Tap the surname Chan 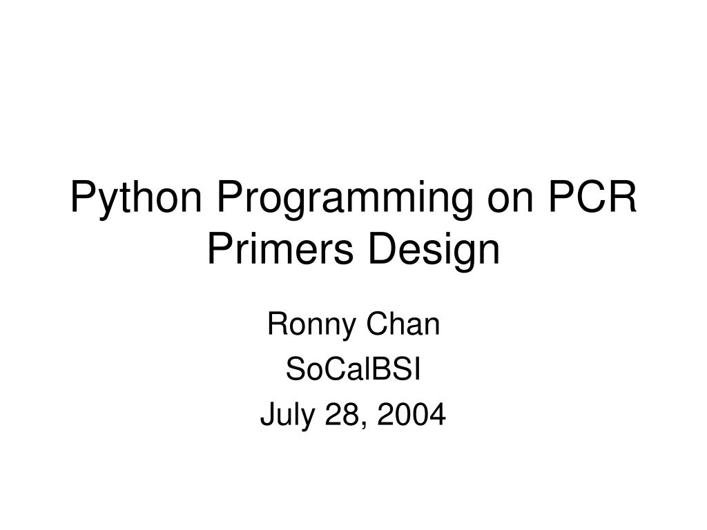point(406,324)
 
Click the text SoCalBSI point(353,370)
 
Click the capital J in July point(267,415)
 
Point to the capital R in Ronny point(275,324)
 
